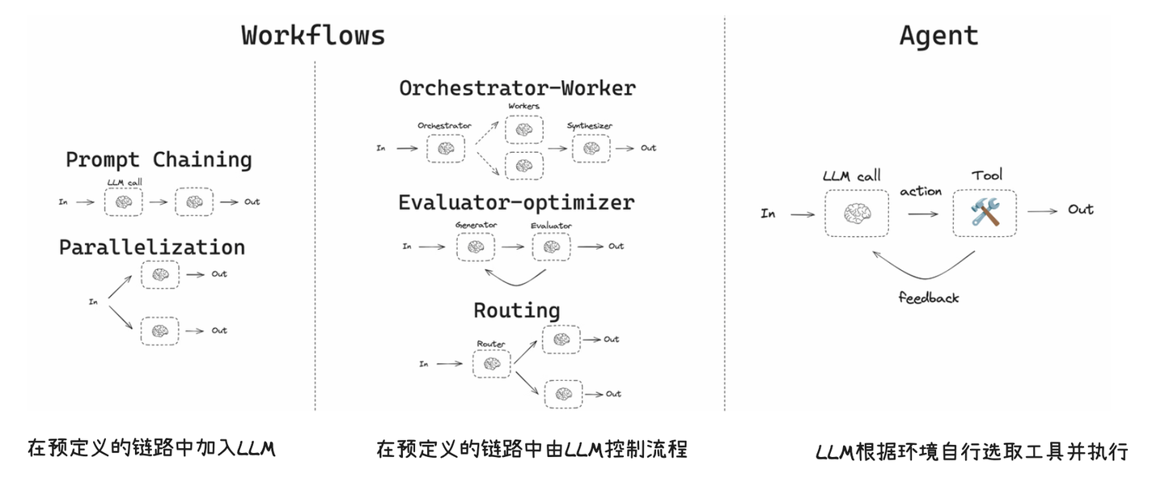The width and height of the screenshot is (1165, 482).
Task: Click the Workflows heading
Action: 313,36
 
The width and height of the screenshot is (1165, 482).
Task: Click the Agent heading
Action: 938,36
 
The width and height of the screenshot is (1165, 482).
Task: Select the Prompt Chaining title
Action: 159,159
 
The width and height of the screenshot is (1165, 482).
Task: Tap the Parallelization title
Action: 151,247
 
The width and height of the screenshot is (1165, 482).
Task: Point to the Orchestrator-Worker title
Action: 517,87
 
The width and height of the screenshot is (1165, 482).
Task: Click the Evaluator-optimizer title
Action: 516,201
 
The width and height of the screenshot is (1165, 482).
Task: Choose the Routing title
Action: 516,311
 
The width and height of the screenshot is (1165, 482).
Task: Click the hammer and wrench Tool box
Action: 985,213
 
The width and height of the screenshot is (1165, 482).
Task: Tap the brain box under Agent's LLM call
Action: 856,213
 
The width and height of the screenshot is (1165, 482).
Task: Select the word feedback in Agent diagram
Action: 928,298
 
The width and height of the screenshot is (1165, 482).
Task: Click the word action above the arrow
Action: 921,192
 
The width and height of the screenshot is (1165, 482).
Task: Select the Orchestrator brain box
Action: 444,149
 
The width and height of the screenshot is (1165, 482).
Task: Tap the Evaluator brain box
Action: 551,247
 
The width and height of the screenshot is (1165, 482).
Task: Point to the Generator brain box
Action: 475,247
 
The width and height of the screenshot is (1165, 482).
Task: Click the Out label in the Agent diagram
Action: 1081,209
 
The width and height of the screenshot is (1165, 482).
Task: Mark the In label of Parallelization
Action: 93,302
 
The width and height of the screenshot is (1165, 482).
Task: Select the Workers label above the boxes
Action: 523,107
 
